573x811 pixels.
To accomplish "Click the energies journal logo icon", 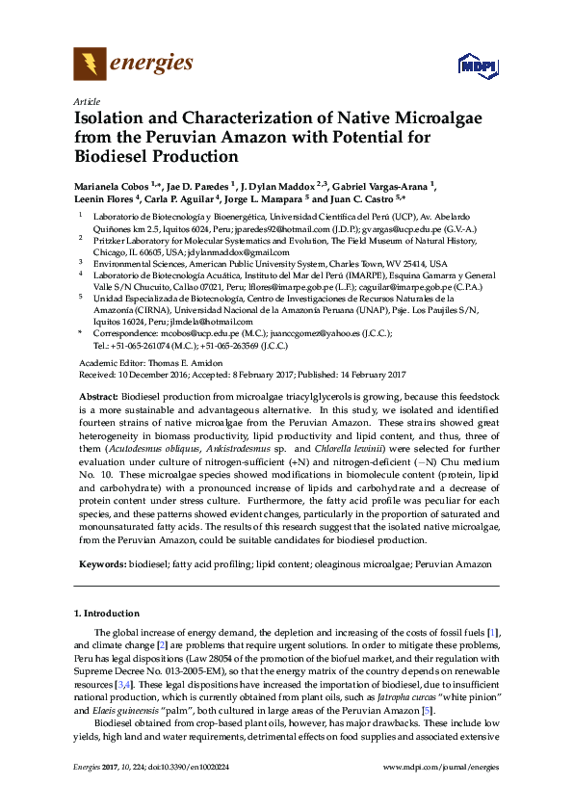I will [x=90, y=64].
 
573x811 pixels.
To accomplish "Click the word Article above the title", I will [x=85, y=101].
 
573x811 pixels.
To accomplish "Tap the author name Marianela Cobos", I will [x=117, y=185].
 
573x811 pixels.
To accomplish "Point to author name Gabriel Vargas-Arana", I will [x=383, y=185].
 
